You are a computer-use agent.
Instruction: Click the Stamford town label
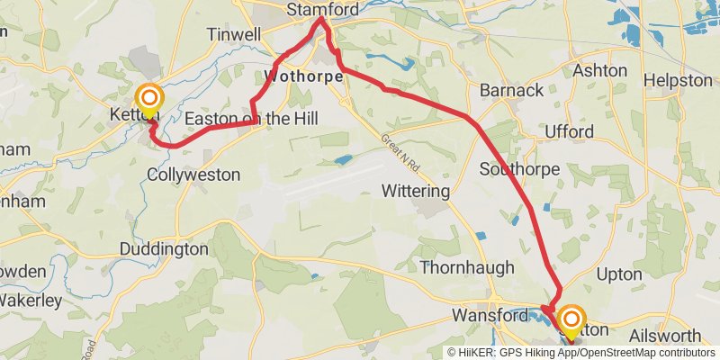[x=322, y=10]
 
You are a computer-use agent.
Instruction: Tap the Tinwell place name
[x=233, y=34]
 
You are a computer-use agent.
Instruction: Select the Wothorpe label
[x=305, y=76]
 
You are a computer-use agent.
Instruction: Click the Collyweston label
[x=193, y=175]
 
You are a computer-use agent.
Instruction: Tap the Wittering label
[x=415, y=192]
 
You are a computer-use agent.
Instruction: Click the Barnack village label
[x=511, y=90]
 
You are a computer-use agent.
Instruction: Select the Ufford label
[x=570, y=132]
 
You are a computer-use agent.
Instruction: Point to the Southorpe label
[x=520, y=169]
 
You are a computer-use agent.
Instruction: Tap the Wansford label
[x=489, y=316]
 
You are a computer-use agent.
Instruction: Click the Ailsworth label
[x=667, y=336]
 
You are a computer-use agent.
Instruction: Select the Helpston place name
[x=678, y=80]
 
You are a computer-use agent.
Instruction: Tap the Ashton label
[x=599, y=70]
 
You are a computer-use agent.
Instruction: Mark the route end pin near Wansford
[x=571, y=322]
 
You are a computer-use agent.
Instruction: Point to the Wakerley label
[x=30, y=300]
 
